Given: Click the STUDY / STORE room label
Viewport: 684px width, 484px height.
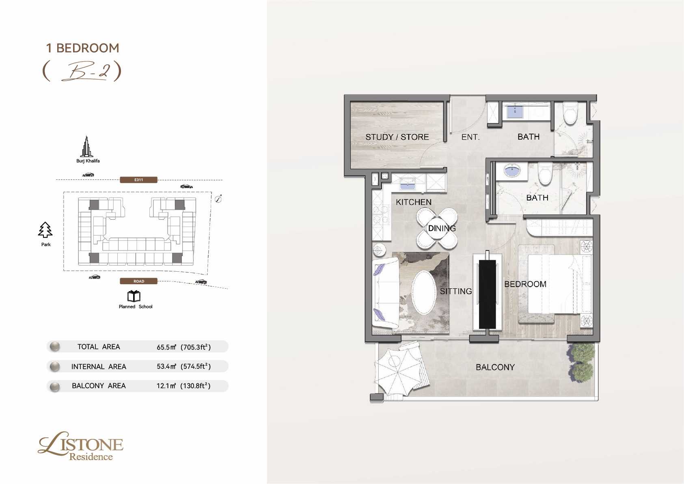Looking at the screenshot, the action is tap(397, 137).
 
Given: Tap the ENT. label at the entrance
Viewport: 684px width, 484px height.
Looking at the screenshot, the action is tap(470, 137).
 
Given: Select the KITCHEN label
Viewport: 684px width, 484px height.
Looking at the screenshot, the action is tap(414, 202).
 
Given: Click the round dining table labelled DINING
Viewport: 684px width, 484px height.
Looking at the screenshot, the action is tap(437, 228).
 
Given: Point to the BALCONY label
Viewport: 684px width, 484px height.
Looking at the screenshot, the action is tap(495, 367).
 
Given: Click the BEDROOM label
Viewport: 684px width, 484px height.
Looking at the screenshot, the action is tap(525, 284).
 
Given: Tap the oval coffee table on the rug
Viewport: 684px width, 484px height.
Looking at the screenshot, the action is tap(424, 292).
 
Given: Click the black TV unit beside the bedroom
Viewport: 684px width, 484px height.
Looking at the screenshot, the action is tap(487, 294).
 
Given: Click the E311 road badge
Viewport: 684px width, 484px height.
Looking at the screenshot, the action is tap(139, 180).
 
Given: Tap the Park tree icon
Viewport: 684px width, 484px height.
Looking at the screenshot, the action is tap(45, 230).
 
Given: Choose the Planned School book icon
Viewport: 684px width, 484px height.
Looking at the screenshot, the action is tap(134, 296).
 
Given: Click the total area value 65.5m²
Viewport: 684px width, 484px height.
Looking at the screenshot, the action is tap(166, 347).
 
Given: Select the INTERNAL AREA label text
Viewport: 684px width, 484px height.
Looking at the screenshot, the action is tap(99, 366).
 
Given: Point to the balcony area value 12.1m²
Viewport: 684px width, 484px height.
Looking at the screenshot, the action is tap(166, 386).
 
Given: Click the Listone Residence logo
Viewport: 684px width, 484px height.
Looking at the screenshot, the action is tap(81, 446).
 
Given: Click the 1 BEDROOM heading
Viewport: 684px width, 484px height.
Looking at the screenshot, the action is tap(82, 48).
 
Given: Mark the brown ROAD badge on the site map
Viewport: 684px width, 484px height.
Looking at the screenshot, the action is tap(139, 281).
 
